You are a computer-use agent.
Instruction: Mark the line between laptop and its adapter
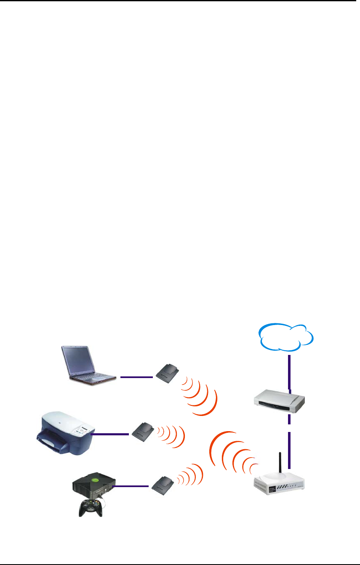click(x=136, y=377)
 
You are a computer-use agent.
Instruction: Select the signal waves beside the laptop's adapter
click(x=200, y=393)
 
